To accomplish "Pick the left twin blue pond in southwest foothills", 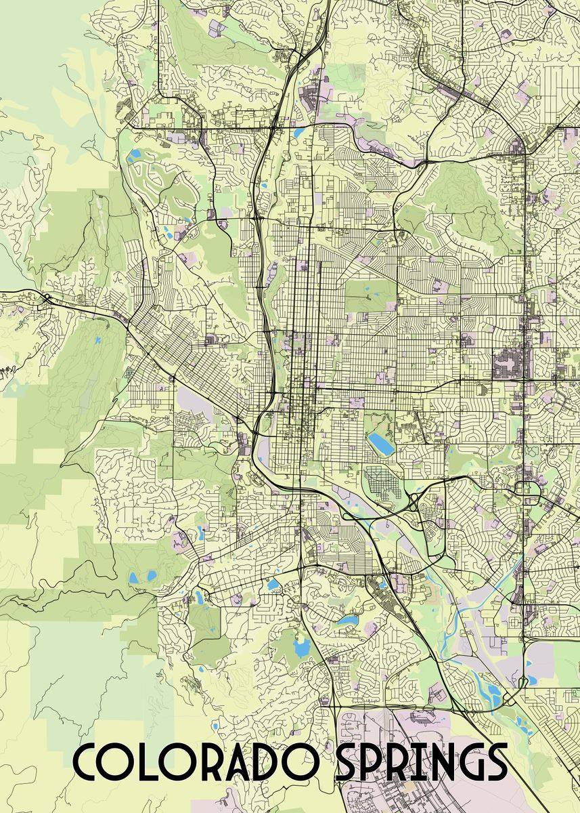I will tap(133, 578).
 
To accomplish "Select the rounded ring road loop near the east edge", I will tap(525, 488).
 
